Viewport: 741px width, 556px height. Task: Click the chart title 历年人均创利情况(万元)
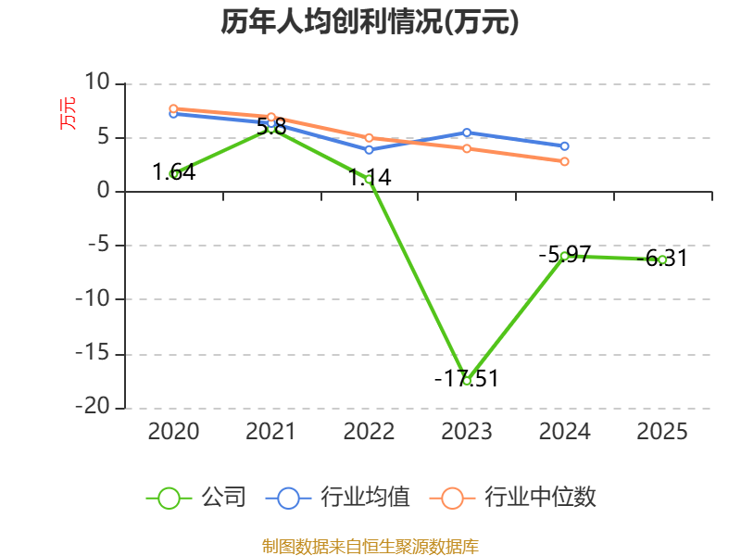point(370,21)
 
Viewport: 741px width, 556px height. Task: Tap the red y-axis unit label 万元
point(68,113)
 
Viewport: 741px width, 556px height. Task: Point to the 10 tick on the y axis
point(97,82)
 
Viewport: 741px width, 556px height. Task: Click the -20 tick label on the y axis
point(93,406)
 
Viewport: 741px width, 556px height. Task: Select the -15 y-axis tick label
point(93,352)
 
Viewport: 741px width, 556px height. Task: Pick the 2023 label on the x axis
point(467,431)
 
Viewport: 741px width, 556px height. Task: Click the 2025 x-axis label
point(662,431)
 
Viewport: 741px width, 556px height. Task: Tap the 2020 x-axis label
point(173,431)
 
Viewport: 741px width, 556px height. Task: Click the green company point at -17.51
point(467,381)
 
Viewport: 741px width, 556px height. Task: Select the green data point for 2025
point(662,260)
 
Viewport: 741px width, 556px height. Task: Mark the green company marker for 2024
point(564,257)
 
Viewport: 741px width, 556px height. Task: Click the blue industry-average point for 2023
point(467,133)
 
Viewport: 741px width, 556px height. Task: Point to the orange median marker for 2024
point(564,161)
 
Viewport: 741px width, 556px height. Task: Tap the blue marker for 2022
point(369,150)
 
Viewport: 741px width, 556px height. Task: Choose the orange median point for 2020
point(173,108)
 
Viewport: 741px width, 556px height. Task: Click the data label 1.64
point(174,172)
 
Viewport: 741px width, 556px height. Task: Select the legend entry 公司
point(196,498)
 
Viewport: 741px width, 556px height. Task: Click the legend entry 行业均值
point(338,498)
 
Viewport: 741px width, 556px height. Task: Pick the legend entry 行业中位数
point(513,498)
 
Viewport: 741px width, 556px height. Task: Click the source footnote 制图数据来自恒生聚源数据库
point(370,547)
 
